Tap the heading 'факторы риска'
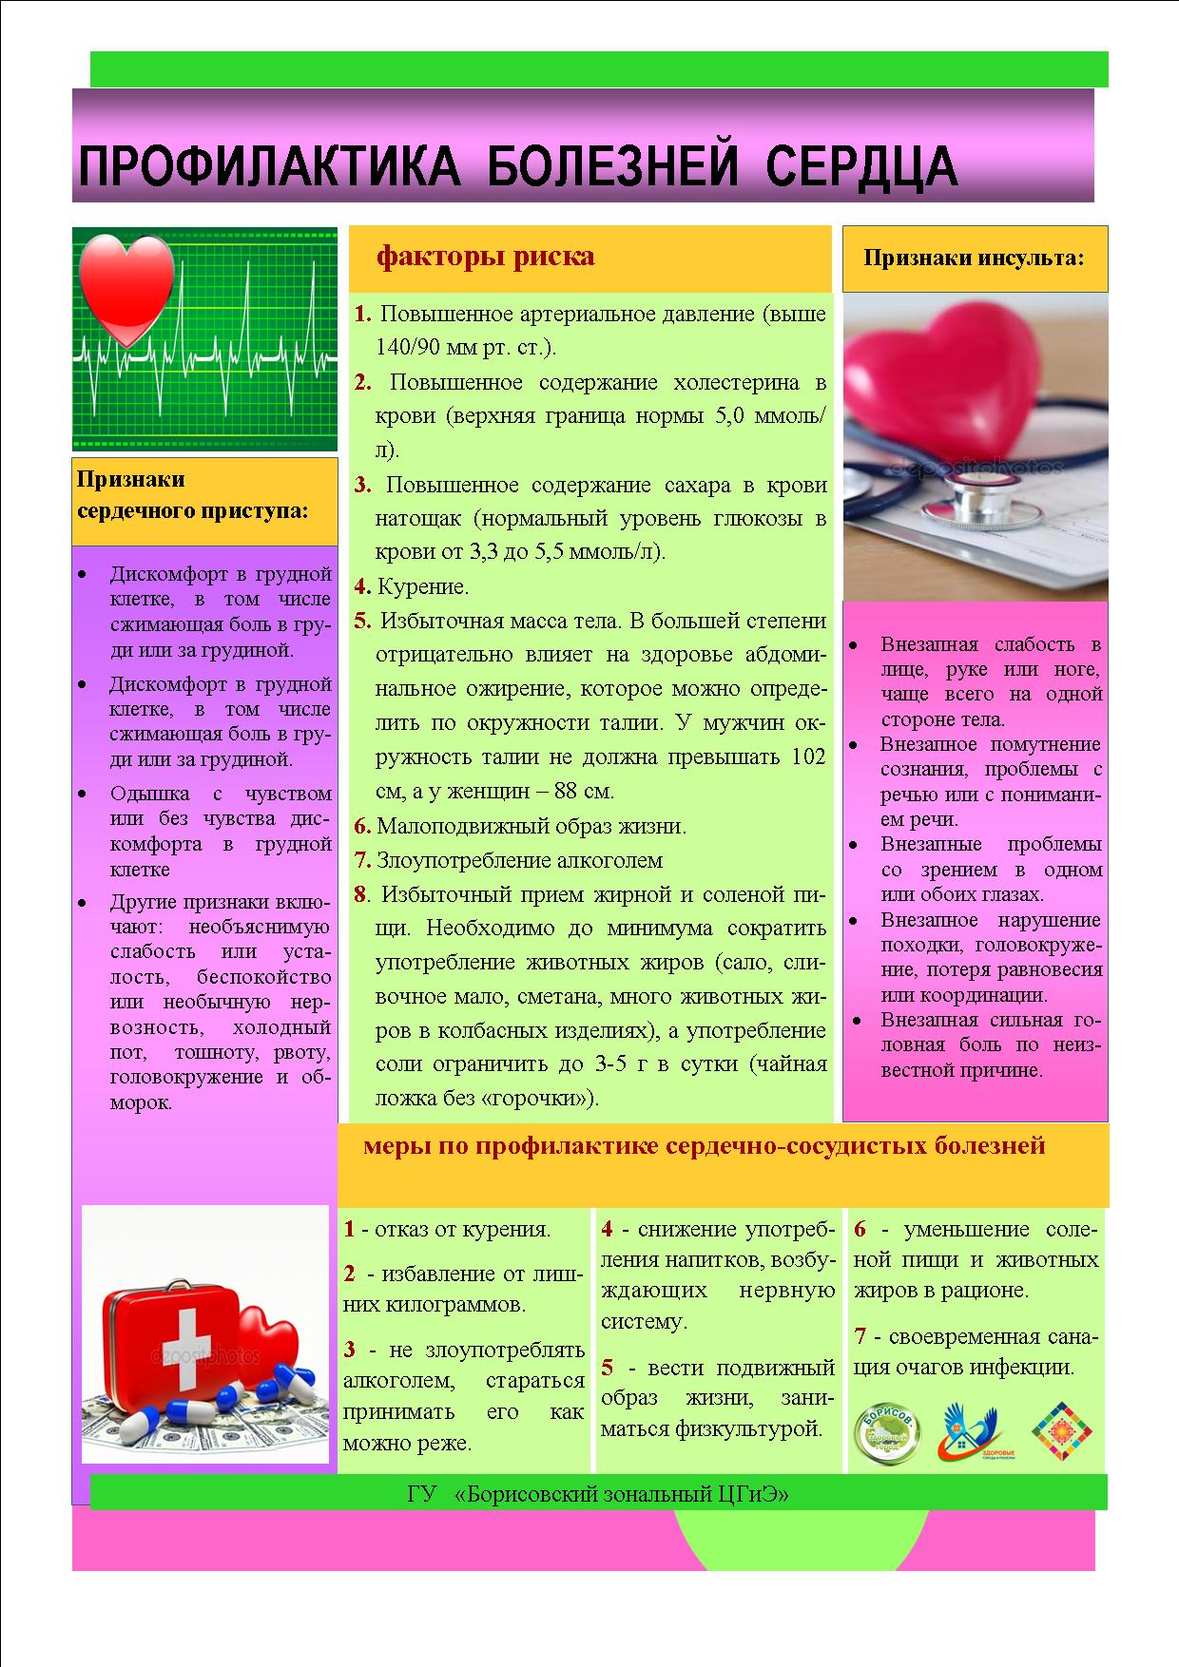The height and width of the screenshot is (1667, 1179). coord(485,257)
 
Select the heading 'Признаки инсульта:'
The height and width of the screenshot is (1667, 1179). coord(974,258)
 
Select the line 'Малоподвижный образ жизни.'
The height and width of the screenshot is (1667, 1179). coord(531,827)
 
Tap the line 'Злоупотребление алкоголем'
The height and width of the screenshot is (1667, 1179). coord(519,861)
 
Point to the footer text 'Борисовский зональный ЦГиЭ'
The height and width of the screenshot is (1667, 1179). coord(623,1495)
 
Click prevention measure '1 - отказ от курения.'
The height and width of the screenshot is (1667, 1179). coord(447,1230)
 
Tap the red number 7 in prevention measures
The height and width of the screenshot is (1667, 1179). coord(860,1337)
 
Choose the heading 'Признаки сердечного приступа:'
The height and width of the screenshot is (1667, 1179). coord(191,495)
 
